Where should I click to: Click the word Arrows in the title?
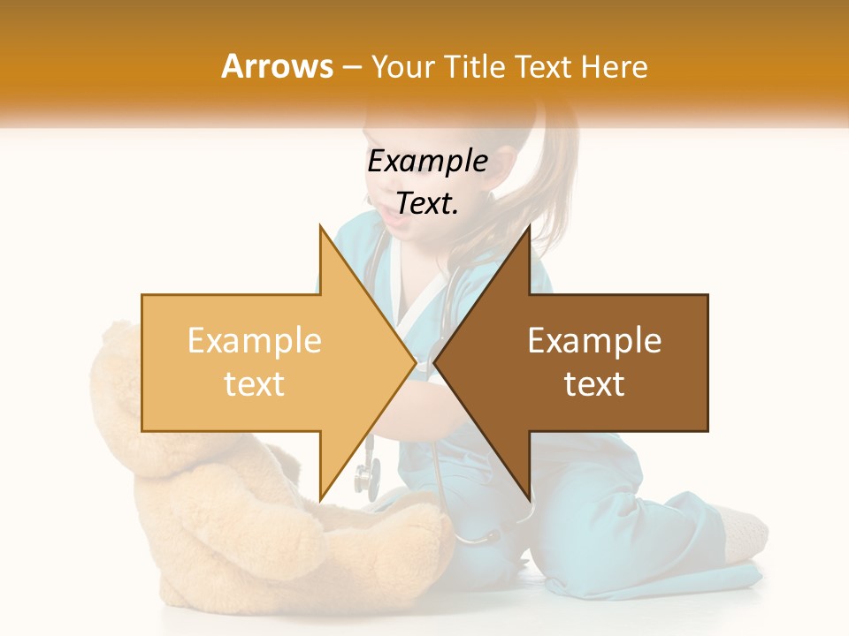point(277,66)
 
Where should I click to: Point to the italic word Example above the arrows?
point(427,162)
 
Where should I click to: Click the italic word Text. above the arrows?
point(427,204)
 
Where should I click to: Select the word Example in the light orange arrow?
point(254,341)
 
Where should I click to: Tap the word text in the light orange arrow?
point(254,383)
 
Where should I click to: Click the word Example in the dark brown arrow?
point(594,341)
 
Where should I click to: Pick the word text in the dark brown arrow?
point(594,383)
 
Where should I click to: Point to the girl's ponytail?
point(548,194)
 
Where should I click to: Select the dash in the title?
point(352,67)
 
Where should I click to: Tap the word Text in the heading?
point(544,66)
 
